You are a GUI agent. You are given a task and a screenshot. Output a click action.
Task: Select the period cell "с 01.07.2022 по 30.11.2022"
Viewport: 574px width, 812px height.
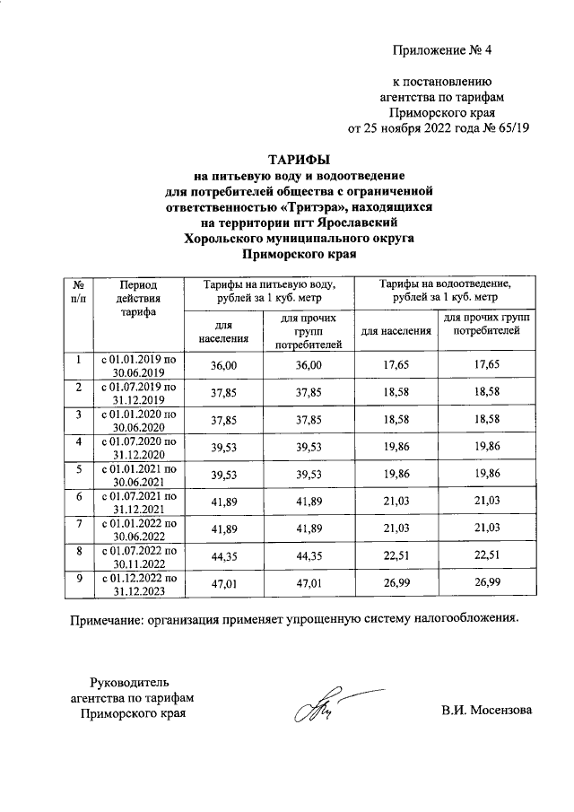(x=137, y=555)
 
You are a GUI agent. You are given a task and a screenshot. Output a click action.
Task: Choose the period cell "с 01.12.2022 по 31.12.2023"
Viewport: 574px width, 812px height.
(x=137, y=584)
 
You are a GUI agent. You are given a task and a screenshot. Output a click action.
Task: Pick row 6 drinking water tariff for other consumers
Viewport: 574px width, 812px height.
(x=309, y=497)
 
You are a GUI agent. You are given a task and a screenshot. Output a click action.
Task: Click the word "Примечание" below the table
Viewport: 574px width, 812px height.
(x=112, y=620)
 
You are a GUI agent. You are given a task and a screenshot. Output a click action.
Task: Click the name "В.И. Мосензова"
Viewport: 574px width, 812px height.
(x=486, y=712)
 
